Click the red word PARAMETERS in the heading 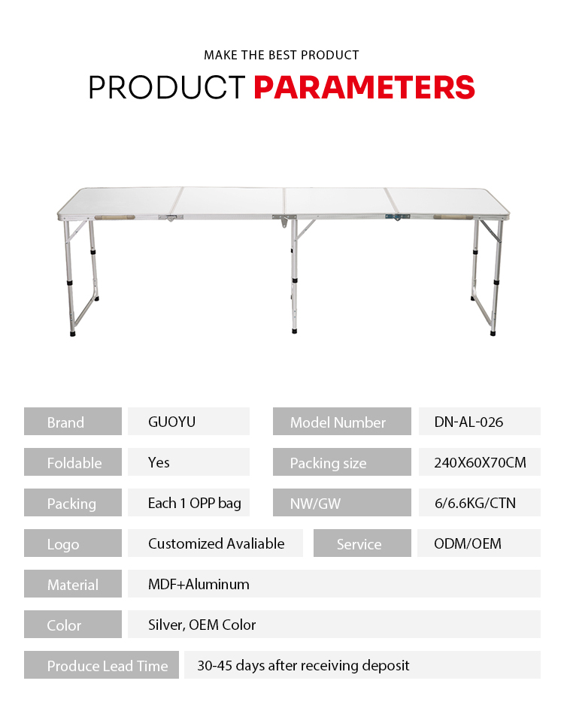(364, 87)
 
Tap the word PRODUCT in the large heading (167, 87)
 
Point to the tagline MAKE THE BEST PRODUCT (281, 55)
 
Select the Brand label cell (73, 422)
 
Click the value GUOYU (171, 422)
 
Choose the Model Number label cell (342, 422)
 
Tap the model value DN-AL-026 (468, 422)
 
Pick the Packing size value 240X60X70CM (480, 462)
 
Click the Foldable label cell (73, 461)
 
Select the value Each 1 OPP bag (195, 503)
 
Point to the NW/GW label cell (342, 502)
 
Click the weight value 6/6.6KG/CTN (475, 503)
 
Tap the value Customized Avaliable (217, 543)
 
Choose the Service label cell (362, 543)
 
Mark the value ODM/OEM (468, 543)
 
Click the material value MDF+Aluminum (199, 583)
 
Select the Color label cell (73, 624)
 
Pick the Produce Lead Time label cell (102, 664)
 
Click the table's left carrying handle (115, 218)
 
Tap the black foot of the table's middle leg (294, 331)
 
